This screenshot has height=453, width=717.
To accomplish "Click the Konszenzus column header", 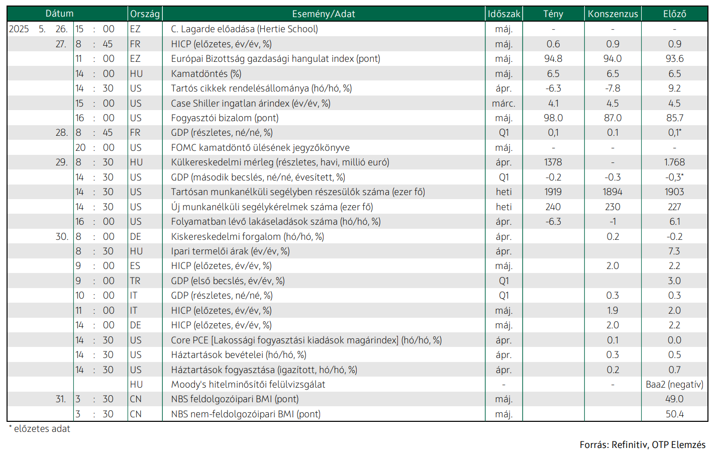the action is [x=612, y=14].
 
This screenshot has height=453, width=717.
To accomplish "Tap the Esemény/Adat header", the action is [x=324, y=14].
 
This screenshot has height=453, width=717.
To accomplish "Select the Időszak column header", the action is [x=504, y=14].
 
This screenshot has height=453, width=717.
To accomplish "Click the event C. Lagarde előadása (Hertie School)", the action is [x=245, y=29].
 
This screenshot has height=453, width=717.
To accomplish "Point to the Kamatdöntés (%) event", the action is [x=206, y=74].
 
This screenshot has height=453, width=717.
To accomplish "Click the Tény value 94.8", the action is [x=553, y=59].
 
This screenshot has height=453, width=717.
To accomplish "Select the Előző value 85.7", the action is [x=674, y=118].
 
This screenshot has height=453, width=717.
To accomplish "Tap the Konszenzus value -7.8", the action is [x=612, y=88].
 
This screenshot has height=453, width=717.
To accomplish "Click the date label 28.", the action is [x=61, y=133].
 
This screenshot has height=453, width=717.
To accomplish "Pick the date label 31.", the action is [x=60, y=399].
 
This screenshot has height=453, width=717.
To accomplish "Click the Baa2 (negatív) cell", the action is [x=674, y=385].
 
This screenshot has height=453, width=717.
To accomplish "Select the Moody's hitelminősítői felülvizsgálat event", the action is [x=248, y=385].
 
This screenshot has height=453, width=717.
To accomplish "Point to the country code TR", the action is [x=135, y=281].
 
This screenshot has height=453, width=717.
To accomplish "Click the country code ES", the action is [x=135, y=266].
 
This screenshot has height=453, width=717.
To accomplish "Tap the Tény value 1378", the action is [x=553, y=162].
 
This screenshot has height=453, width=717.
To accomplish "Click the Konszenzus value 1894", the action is [x=612, y=192].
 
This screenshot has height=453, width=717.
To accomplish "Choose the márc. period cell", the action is [x=504, y=103].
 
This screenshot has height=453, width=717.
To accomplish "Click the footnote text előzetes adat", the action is [x=42, y=429].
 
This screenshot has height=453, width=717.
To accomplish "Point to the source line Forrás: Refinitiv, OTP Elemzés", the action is [x=643, y=444].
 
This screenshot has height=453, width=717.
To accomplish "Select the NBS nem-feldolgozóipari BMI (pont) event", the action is [x=246, y=414].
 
